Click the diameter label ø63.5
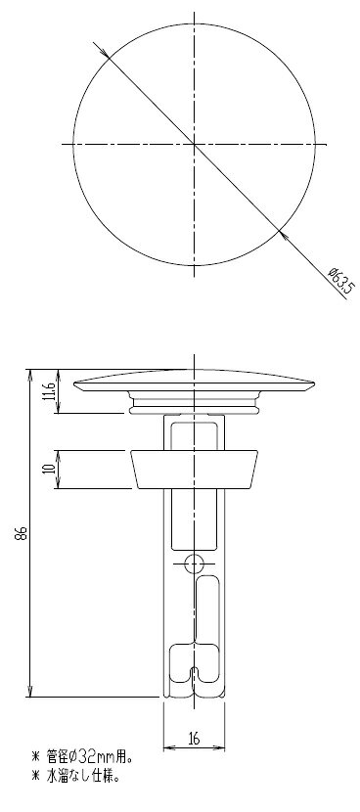click(340, 280)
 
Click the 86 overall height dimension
click(21, 532)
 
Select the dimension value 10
click(50, 470)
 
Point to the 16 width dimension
click(195, 738)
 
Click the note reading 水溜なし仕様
click(83, 776)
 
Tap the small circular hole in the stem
click(195, 563)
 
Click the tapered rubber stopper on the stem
click(195, 470)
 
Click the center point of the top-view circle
click(195, 144)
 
